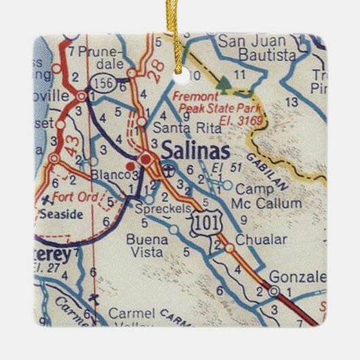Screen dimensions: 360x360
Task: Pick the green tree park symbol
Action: tap(223, 83)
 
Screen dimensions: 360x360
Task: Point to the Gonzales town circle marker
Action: tap(274, 292)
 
